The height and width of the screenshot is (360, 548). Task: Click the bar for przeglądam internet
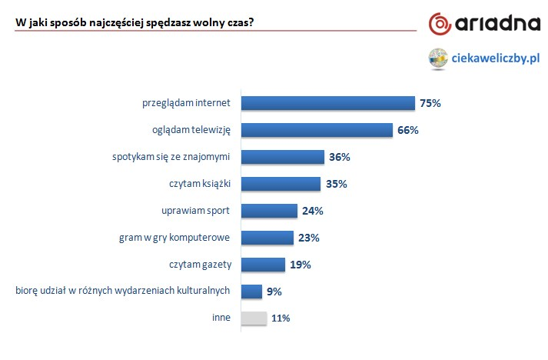328,103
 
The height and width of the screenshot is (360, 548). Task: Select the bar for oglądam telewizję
317,130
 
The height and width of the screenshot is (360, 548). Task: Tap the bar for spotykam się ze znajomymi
282,157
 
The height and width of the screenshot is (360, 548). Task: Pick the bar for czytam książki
281,184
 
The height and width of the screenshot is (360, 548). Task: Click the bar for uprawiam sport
269,211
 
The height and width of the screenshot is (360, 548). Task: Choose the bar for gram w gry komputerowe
267,238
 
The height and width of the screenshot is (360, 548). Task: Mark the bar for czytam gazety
264,265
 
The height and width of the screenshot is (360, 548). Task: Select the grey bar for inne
254,318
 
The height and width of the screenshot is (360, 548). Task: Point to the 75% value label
430,103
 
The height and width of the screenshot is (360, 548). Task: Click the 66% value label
407,130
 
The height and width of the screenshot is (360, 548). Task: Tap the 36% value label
339,157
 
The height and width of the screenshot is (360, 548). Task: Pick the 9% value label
274,292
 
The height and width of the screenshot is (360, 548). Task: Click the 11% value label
280,318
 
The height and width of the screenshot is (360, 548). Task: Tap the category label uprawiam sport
198,211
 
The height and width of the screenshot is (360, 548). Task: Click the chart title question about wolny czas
135,22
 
